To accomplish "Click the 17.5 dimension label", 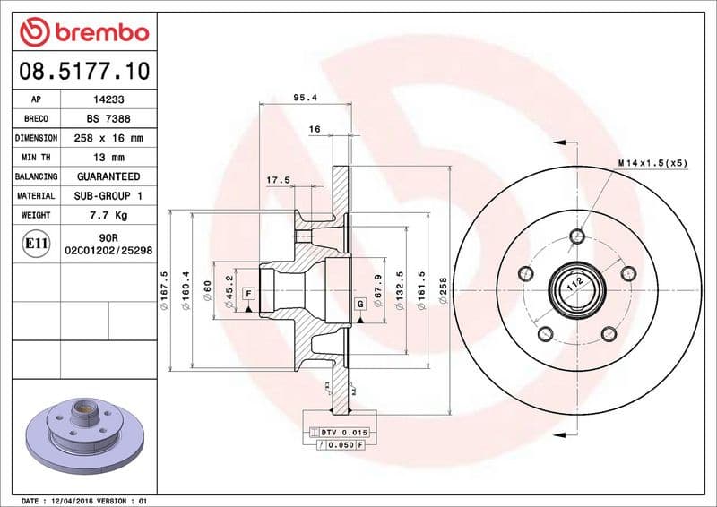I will point(279,180).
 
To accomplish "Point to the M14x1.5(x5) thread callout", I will point(652,163).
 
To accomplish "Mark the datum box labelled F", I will point(247,294).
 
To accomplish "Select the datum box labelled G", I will point(360,304).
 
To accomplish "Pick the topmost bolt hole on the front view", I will point(577,236).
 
